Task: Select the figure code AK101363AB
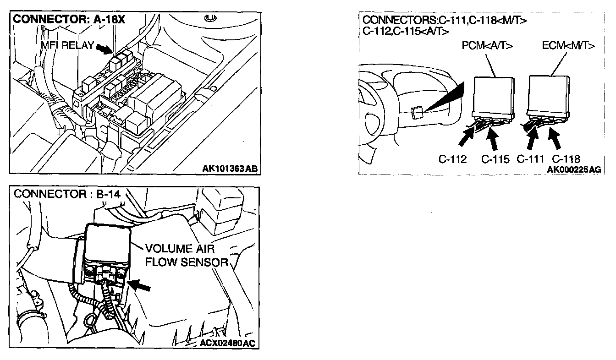(230, 169)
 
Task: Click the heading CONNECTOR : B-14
(67, 194)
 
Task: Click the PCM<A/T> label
(487, 46)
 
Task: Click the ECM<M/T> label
(568, 46)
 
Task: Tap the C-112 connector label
(452, 159)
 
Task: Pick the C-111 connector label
(530, 159)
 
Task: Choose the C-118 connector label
(566, 159)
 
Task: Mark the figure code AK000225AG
(573, 169)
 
